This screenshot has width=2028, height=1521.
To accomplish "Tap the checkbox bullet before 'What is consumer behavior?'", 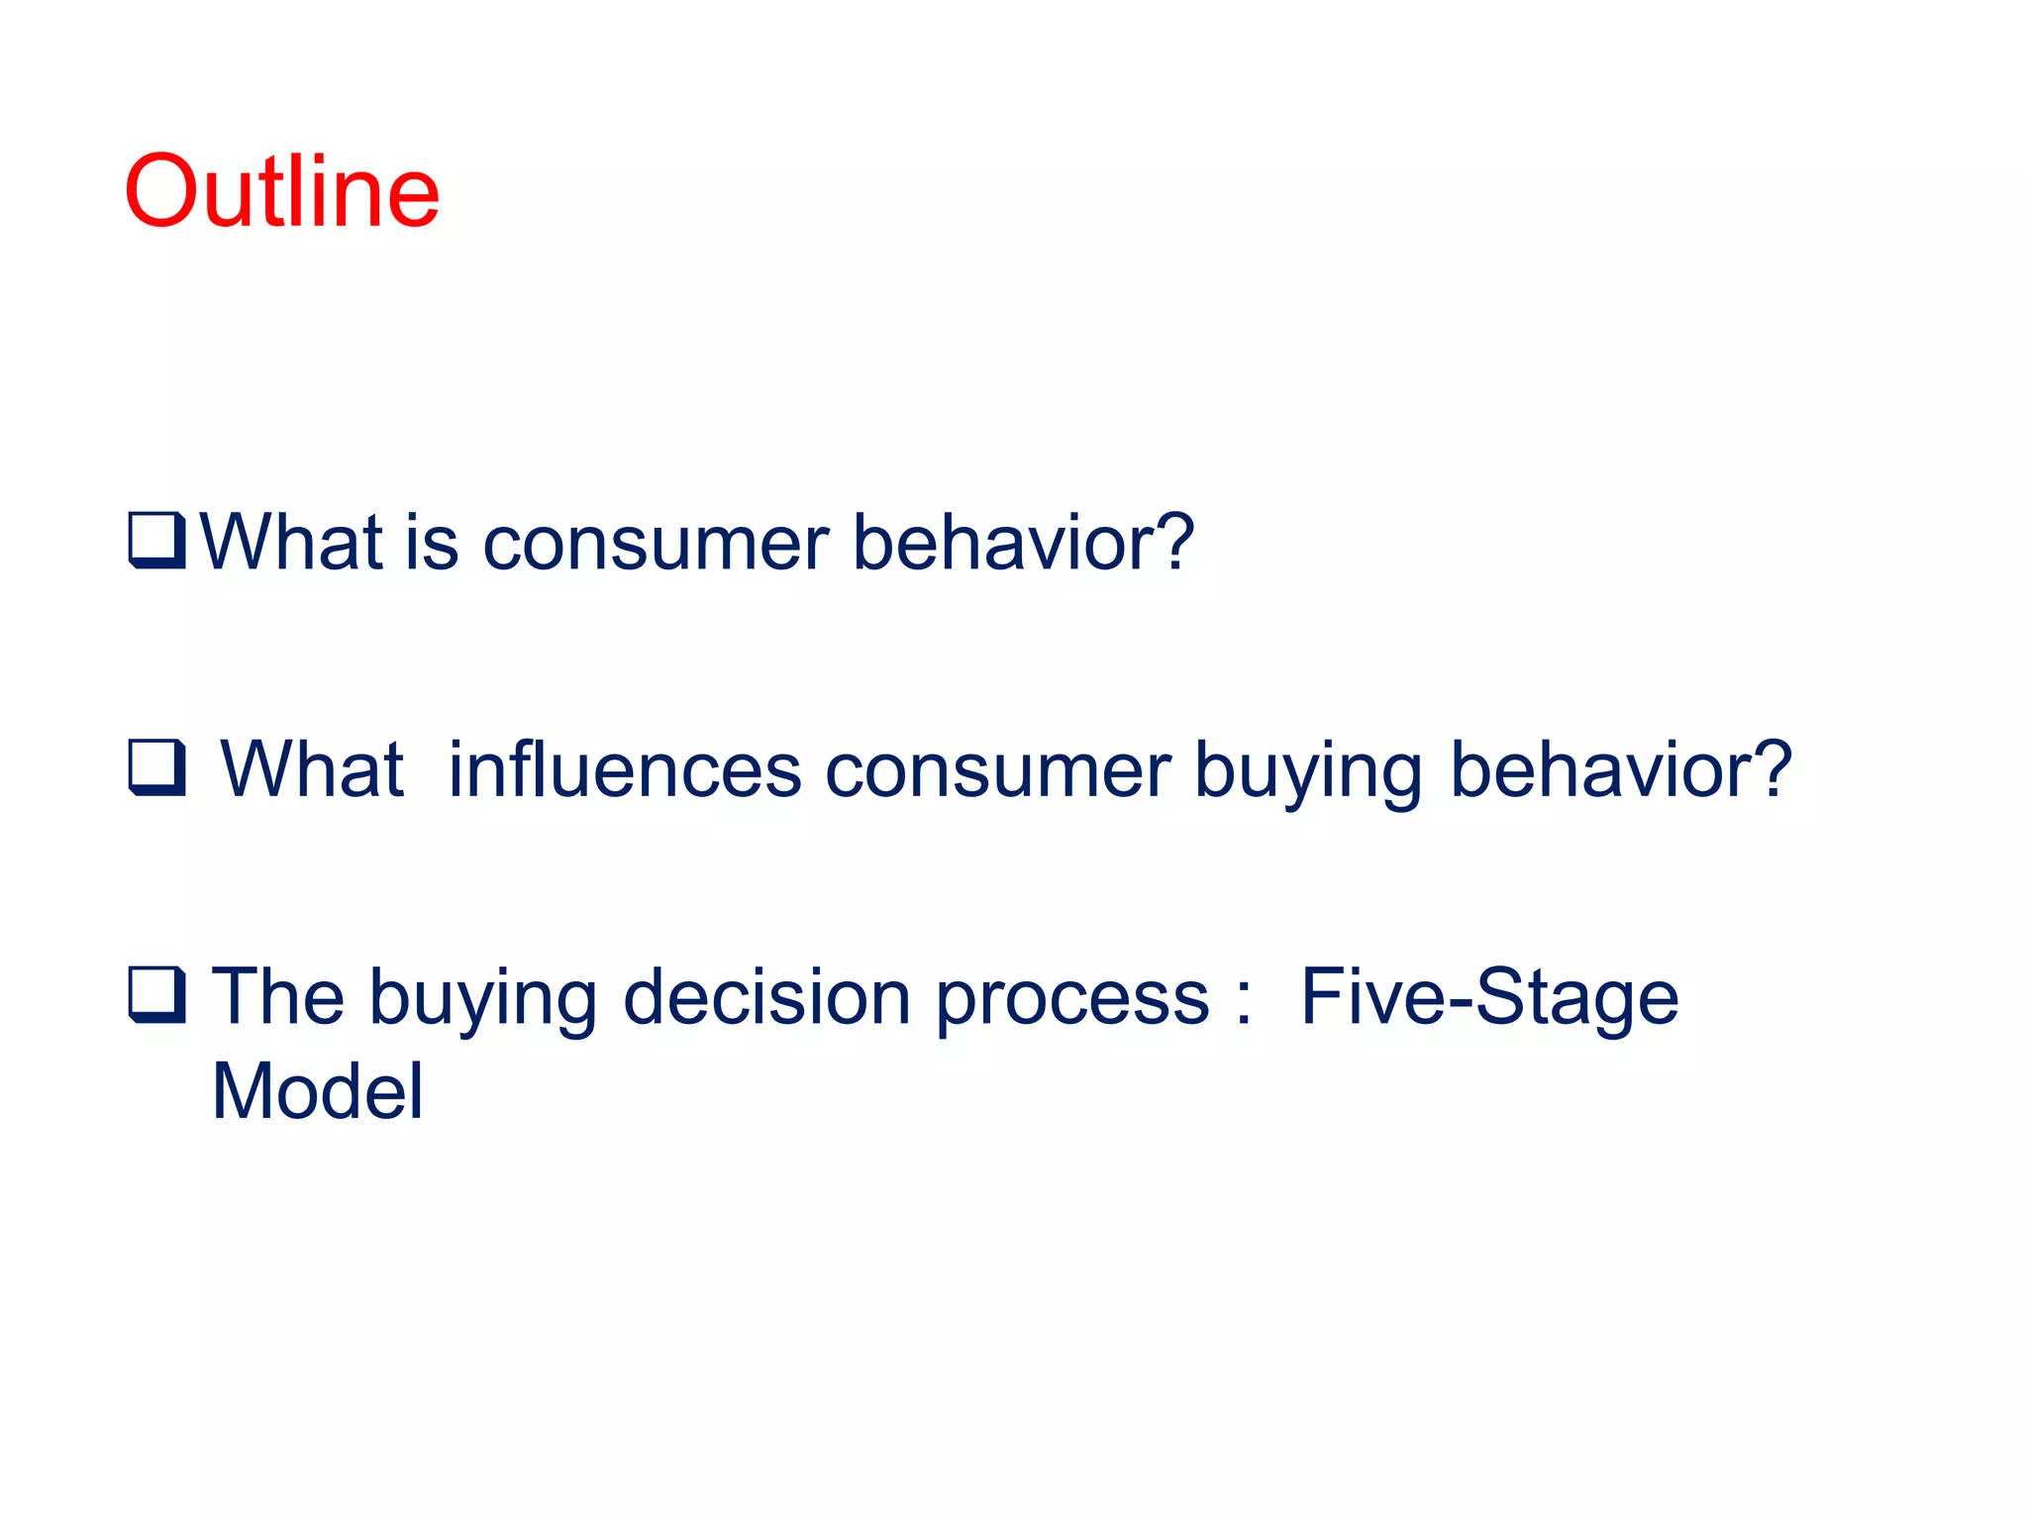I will point(156,541).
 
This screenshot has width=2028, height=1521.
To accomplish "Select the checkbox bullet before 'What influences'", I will point(156,767).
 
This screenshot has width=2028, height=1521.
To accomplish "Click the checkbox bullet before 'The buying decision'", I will point(156,994).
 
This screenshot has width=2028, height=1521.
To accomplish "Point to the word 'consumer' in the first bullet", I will point(655,545).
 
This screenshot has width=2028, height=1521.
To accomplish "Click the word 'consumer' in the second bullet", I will point(997,771).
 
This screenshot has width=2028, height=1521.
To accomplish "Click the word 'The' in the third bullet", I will point(277,996).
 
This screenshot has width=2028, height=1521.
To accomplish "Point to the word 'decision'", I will point(766,996).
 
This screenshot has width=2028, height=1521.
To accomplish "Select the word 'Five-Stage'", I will point(1488,998).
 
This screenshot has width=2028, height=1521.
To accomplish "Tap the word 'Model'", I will point(317,1091).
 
